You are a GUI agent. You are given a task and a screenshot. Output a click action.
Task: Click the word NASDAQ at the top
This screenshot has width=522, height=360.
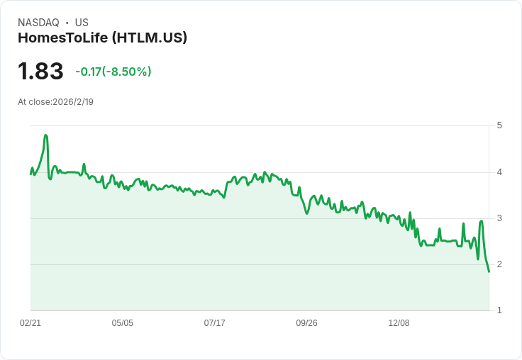coord(38,23)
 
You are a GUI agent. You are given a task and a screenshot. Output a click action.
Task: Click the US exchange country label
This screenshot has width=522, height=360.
coord(82,23)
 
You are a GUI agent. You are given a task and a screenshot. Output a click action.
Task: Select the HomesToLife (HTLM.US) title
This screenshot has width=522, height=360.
coord(103,38)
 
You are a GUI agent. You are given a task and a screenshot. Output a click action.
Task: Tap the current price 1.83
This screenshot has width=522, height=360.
coord(40,71)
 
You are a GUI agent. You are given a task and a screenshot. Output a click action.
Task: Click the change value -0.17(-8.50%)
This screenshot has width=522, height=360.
coord(113,72)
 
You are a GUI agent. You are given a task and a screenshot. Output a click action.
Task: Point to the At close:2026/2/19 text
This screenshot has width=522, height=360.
coord(55,102)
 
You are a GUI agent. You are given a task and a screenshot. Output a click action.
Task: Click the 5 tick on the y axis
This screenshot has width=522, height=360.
coord(499,125)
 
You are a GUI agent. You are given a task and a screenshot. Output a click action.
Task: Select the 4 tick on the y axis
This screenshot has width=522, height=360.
coord(499,172)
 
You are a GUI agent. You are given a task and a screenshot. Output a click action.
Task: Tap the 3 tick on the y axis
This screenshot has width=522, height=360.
coord(499,218)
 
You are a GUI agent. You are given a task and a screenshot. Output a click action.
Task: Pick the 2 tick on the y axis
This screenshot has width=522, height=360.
coord(499,264)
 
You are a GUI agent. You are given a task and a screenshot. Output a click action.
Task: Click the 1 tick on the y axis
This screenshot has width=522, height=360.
coord(499,310)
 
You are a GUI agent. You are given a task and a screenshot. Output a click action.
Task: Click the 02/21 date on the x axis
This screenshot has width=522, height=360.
coord(30,323)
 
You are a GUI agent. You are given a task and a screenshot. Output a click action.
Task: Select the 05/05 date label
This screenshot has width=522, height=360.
coord(123,323)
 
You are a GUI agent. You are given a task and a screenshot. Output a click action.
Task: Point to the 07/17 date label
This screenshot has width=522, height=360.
coord(214,323)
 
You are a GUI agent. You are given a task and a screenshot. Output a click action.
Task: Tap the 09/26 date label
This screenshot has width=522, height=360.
coord(306,323)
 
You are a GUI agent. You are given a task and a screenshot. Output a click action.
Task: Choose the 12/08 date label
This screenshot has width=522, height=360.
coord(399,323)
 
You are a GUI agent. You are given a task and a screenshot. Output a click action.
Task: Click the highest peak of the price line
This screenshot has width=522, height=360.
coord(45,135)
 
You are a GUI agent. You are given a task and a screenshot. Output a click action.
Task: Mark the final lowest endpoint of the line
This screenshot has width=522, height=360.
coord(489,272)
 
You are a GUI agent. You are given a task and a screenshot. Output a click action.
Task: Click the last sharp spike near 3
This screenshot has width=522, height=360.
coord(481,221)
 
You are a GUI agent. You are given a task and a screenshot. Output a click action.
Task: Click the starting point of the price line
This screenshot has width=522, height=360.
coord(30,174)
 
